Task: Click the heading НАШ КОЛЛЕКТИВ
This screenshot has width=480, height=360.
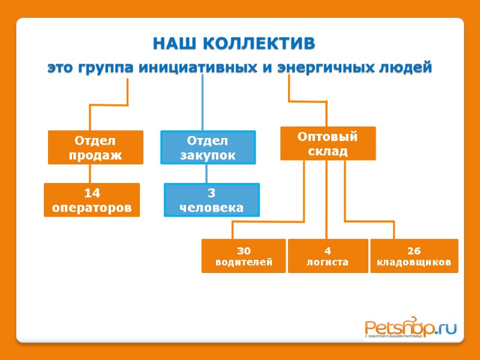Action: click(233, 44)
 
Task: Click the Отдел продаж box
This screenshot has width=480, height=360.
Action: click(95, 148)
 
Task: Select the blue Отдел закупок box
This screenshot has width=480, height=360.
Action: click(208, 148)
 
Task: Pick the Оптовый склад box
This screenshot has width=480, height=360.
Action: click(328, 143)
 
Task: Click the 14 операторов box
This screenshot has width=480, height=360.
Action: click(92, 200)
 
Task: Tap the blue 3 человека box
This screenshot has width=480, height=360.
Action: click(212, 200)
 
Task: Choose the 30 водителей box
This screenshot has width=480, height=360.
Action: click(243, 256)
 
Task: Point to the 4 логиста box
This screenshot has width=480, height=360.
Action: click(328, 256)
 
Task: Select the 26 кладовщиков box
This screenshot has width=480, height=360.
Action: click(414, 256)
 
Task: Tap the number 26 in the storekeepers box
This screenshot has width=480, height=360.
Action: click(414, 250)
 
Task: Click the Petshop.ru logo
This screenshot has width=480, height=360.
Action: click(410, 329)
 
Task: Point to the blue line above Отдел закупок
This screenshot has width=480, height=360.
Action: click(202, 102)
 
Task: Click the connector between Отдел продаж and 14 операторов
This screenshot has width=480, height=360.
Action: click(90, 173)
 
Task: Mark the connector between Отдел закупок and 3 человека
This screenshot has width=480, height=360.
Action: click(206, 174)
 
